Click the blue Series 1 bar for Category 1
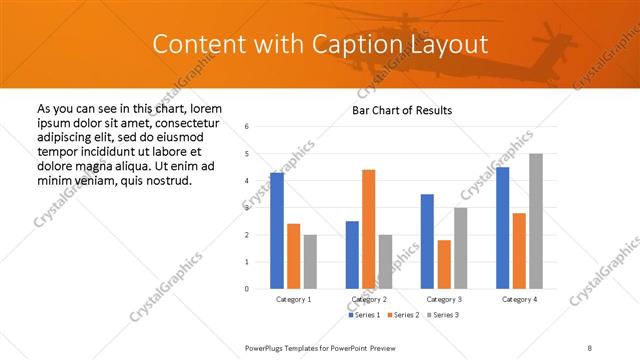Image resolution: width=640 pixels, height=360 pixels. click(x=277, y=231)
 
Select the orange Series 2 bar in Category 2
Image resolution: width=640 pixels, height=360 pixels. click(x=369, y=229)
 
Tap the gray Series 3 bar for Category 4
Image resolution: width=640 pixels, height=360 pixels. click(x=536, y=221)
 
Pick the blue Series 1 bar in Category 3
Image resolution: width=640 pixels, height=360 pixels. click(x=427, y=241)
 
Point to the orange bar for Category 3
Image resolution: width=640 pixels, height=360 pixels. click(x=444, y=264)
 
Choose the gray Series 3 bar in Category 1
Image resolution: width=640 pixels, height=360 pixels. click(x=310, y=261)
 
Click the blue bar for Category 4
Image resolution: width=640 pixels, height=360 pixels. click(x=503, y=227)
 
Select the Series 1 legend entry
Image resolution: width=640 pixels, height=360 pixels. click(x=364, y=315)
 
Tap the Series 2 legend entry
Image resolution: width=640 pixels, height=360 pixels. click(x=404, y=315)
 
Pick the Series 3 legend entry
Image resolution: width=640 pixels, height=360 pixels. click(x=444, y=315)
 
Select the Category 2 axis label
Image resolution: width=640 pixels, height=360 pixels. click(x=369, y=299)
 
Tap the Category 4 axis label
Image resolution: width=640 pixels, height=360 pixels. click(x=520, y=299)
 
